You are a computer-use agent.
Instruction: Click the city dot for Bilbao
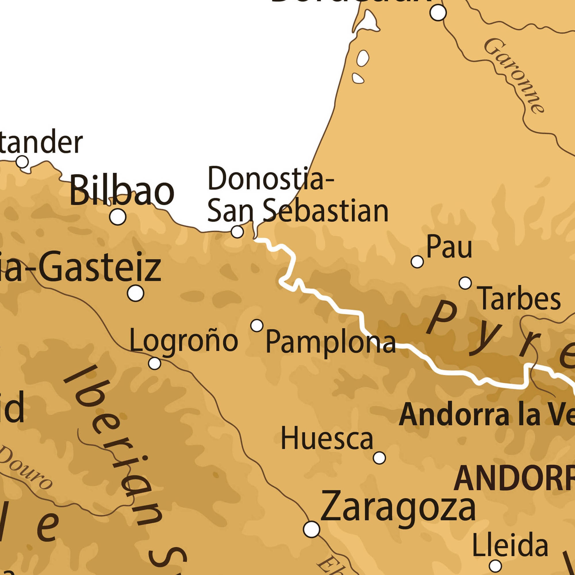coord(118,217)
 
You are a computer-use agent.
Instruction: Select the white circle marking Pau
coord(417,262)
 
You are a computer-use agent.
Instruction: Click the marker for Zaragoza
coord(312,529)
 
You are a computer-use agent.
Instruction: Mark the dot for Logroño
coord(154,363)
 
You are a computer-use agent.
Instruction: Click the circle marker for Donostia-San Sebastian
coord(237,231)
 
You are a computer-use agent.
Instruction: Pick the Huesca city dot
coord(379,457)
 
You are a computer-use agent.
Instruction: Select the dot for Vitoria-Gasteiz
coord(136,293)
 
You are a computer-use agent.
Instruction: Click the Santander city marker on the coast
coord(22,162)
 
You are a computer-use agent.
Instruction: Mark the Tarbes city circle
coord(465,283)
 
